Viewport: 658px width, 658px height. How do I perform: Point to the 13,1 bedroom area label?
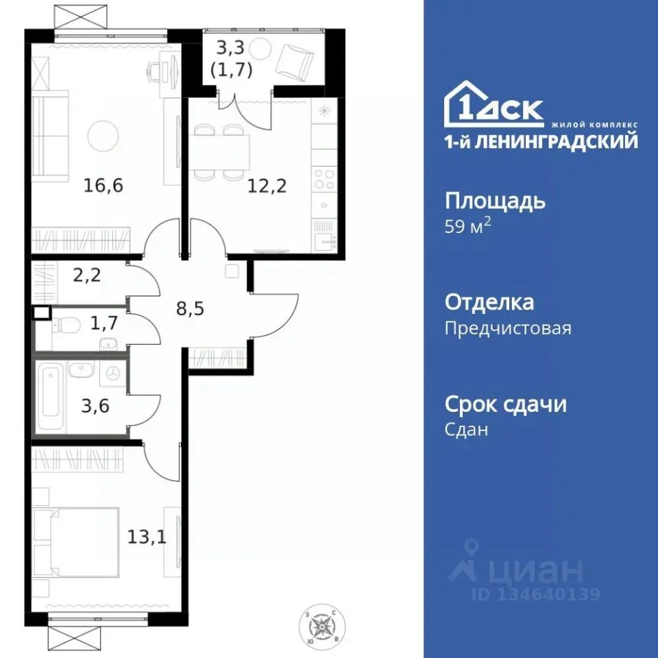coord(146,536)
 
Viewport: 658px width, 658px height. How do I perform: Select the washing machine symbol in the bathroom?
coord(112,373)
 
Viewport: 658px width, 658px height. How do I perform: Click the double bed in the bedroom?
coord(75,541)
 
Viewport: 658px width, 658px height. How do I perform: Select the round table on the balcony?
coord(261,48)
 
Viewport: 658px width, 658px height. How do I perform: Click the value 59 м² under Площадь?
coord(469,228)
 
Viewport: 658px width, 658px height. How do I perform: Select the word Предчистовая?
coord(507,328)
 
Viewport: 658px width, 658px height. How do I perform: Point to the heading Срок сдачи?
coord(506,404)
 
